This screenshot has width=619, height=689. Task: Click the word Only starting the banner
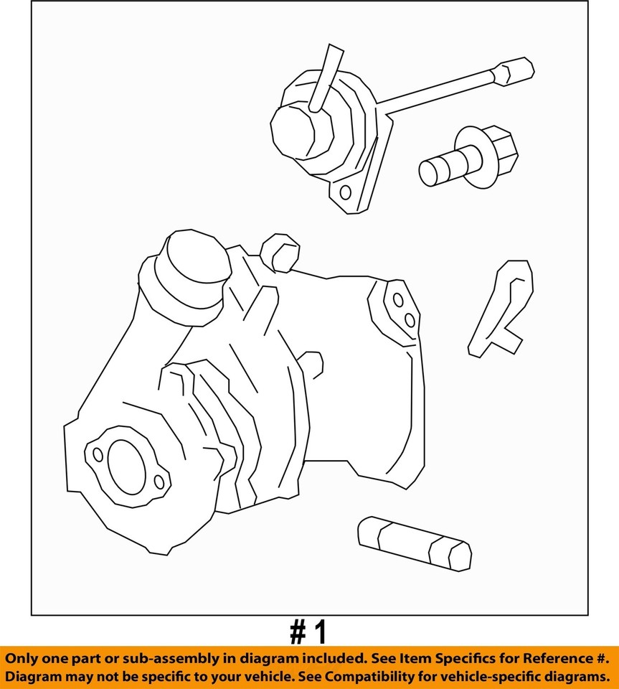(24, 657)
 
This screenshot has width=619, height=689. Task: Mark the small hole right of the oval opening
(159, 481)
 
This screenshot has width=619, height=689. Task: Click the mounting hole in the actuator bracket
(345, 192)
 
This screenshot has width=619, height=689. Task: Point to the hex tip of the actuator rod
(518, 71)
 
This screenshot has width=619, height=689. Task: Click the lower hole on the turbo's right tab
(409, 320)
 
